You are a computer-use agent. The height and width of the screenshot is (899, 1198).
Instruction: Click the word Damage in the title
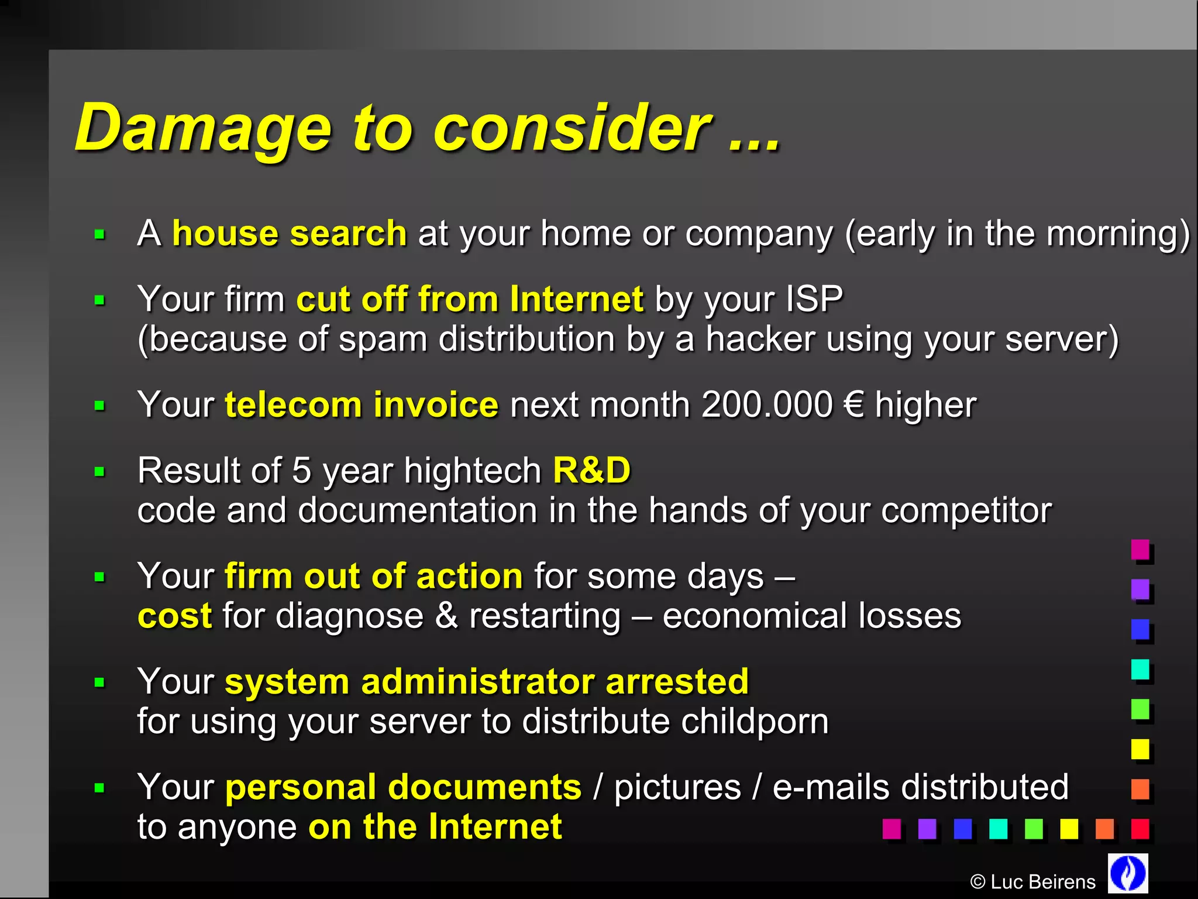click(x=203, y=129)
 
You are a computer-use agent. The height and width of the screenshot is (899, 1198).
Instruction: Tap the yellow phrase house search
click(x=289, y=234)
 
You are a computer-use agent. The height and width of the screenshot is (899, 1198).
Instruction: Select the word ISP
click(x=814, y=299)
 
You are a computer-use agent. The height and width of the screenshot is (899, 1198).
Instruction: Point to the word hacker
click(x=760, y=339)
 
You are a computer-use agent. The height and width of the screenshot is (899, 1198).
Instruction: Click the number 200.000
click(x=767, y=405)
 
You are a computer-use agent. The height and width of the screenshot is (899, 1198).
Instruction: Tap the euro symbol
click(x=854, y=405)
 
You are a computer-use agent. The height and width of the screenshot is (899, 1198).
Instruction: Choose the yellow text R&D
click(x=591, y=471)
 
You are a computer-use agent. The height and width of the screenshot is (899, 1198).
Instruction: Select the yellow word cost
click(x=174, y=616)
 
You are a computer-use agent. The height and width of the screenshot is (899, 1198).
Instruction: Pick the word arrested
click(x=677, y=682)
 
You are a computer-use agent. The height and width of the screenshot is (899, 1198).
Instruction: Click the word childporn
click(x=755, y=722)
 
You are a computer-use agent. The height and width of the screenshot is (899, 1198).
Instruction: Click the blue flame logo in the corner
click(x=1128, y=873)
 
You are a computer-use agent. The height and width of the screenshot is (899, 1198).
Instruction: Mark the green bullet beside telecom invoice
click(x=99, y=406)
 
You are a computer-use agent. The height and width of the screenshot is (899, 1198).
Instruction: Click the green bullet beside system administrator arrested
click(x=99, y=682)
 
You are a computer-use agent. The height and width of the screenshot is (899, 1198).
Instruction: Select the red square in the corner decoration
click(x=1140, y=828)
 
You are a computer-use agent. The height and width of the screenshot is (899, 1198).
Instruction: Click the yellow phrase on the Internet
click(x=435, y=827)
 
